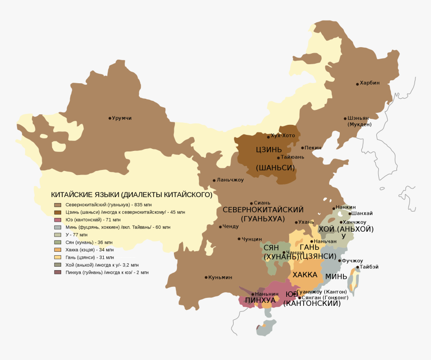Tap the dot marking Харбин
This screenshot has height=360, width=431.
357,84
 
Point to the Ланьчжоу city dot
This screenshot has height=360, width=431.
214,181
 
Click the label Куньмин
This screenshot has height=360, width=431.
221,277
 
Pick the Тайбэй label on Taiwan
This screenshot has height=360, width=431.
369,267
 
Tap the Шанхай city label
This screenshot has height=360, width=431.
362,214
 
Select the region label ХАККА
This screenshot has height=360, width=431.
305,275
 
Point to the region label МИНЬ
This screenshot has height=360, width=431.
336,276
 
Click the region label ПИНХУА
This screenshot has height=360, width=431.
260,300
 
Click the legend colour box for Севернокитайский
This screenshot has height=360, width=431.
58,205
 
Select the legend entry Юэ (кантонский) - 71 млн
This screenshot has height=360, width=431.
93,220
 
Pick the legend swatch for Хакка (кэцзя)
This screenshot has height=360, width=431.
58,250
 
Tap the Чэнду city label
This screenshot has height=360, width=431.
231,227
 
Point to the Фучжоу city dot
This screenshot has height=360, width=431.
340,261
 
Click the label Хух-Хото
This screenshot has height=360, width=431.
283,136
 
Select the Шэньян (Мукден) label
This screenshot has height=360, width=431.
359,121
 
